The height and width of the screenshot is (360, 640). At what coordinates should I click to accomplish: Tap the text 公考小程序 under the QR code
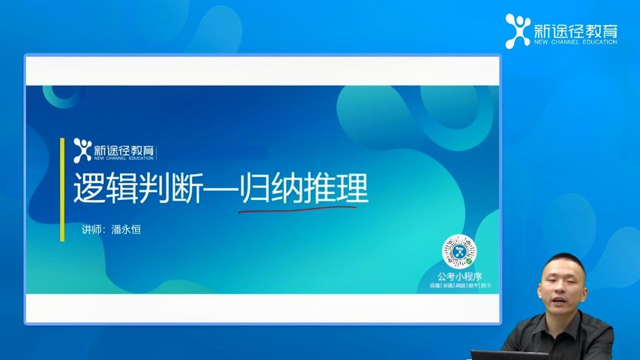click(459, 276)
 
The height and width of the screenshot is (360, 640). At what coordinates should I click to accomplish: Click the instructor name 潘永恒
click(125, 230)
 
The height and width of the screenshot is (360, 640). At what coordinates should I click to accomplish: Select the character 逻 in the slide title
click(89, 188)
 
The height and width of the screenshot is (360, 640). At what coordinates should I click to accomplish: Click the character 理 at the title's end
click(353, 188)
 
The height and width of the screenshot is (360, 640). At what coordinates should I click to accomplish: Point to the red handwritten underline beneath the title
click(296, 209)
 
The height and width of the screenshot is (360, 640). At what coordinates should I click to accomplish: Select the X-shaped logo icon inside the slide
click(82, 149)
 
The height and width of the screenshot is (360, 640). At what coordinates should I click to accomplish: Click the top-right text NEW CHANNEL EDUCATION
click(575, 42)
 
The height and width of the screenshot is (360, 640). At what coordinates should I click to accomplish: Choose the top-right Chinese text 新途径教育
click(575, 28)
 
